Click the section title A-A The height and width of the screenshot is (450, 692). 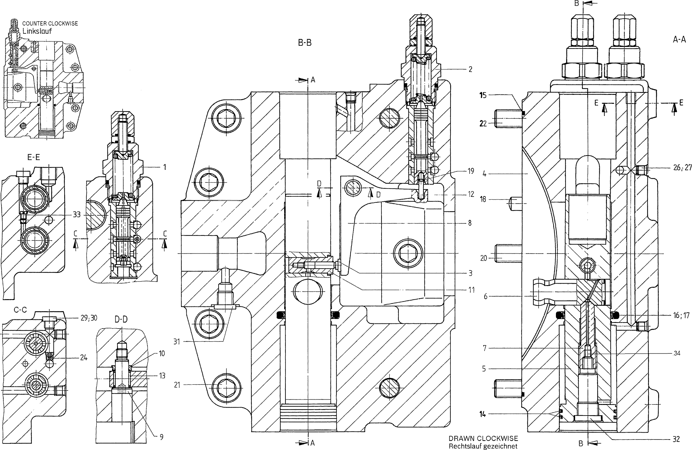(679, 39)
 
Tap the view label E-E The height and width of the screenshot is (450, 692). (33, 157)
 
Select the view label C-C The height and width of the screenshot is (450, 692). (20, 310)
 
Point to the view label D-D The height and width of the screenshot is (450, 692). (121, 320)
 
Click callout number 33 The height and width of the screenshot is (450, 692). (77, 215)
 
